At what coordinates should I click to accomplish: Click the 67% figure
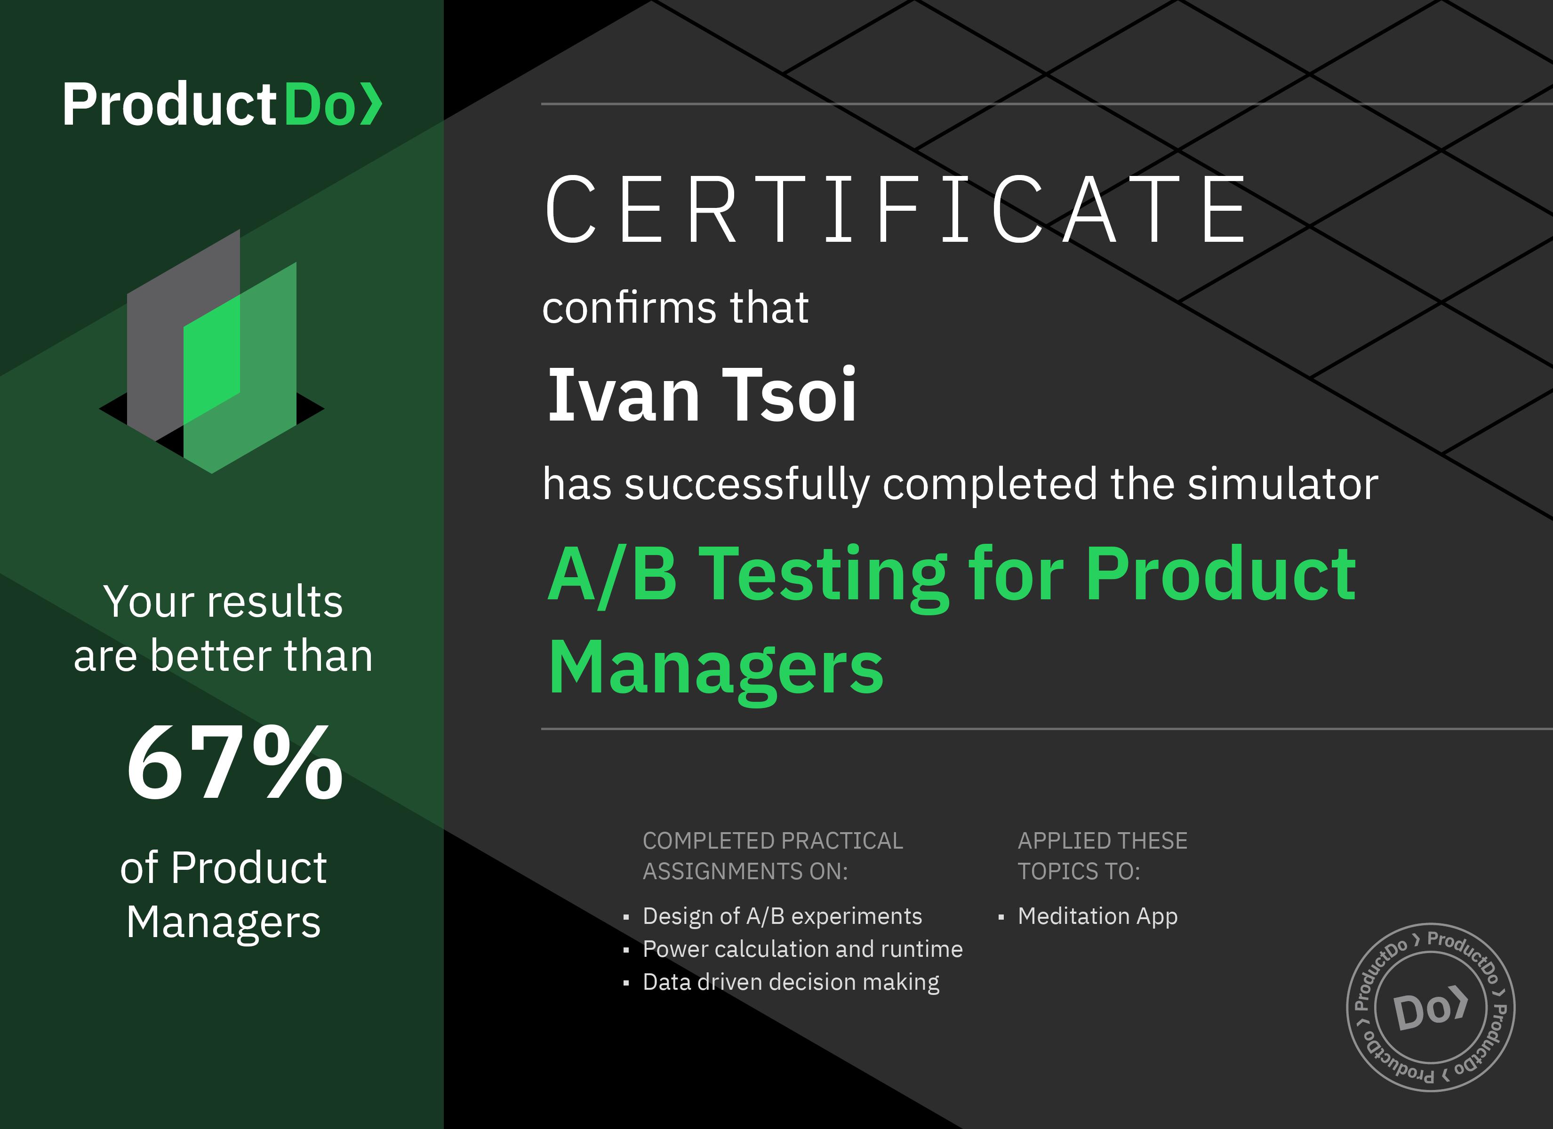tap(234, 762)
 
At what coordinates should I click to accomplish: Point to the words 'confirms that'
tap(675, 307)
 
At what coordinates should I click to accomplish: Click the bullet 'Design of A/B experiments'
tap(782, 916)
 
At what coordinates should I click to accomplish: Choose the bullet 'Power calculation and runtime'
tap(802, 949)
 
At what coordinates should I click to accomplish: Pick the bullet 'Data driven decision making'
tap(791, 982)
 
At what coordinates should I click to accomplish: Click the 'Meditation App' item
tap(1097, 916)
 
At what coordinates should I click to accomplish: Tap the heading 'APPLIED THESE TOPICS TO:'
tap(1103, 856)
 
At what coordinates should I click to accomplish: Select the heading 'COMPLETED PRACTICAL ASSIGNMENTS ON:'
tap(772, 856)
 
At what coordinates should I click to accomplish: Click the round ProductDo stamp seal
tap(1431, 1008)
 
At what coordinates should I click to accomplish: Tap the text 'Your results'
tap(223, 602)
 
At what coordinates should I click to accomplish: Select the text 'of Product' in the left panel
tap(223, 867)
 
